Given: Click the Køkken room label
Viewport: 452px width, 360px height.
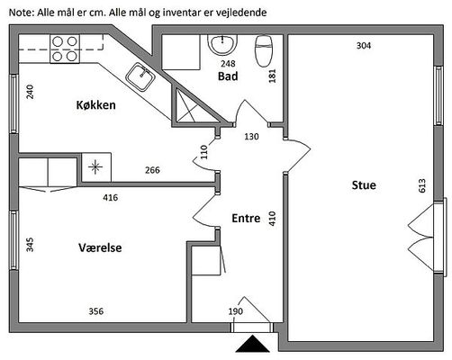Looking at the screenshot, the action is (x=95, y=105).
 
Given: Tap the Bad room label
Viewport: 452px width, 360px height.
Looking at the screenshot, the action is (x=228, y=76).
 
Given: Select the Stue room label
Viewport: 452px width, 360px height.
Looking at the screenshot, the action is (x=364, y=185).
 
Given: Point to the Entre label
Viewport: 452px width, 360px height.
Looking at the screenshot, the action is (x=246, y=218).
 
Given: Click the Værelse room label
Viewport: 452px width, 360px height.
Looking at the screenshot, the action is (x=100, y=247).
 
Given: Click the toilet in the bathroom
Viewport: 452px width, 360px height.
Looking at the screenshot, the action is (x=264, y=50).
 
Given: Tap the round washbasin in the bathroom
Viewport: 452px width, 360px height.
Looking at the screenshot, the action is (x=222, y=45).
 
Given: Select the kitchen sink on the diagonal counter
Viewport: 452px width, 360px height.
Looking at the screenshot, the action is (x=140, y=76).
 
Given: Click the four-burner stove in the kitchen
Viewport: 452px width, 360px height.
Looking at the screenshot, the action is (x=65, y=49).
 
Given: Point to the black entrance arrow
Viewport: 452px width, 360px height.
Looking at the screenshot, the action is (x=252, y=344).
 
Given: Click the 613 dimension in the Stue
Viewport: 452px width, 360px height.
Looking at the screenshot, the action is (x=421, y=185).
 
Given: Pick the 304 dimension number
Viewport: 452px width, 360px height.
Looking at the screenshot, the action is (x=364, y=46).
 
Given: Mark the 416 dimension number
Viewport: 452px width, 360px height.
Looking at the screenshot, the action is (x=111, y=198).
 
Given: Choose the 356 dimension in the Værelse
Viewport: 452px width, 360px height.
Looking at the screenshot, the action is (x=96, y=311).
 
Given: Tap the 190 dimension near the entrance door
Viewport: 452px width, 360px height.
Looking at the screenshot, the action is (x=236, y=311).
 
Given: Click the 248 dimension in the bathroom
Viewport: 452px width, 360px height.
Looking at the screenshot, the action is (x=228, y=64).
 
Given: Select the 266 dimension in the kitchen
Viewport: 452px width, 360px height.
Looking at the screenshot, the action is (x=152, y=170).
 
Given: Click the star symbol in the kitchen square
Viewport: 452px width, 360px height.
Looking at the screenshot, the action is (x=95, y=167).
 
